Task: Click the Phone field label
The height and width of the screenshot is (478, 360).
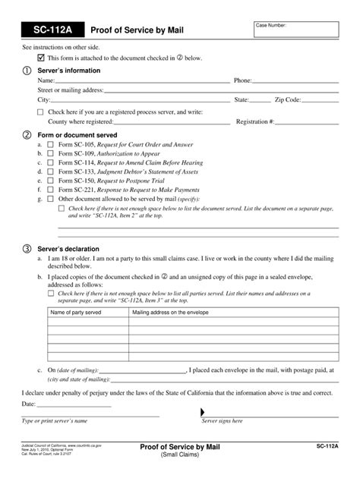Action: [243, 80]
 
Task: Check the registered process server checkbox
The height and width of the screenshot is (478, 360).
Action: [41, 112]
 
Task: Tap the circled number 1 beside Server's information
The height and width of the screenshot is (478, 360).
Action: [26, 70]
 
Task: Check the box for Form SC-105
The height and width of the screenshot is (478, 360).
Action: [50, 143]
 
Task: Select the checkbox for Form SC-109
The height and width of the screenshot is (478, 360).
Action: [50, 153]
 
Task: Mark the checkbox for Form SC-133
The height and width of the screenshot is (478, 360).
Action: [50, 171]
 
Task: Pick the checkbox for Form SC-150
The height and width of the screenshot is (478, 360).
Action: [50, 181]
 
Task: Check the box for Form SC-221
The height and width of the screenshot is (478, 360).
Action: [50, 190]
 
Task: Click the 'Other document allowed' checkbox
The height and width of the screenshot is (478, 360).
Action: [50, 200]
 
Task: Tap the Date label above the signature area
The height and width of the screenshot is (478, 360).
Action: [29, 404]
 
